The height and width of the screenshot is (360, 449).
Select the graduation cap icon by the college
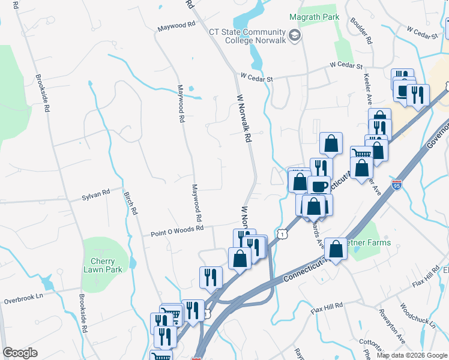[294, 37]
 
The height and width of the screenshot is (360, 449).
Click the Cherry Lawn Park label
[107, 265]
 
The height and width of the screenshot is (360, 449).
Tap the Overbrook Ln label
[23, 299]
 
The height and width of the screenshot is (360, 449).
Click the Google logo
[20, 353]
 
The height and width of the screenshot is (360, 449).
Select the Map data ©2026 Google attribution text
[411, 355]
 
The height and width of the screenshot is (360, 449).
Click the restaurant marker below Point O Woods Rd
[211, 277]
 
